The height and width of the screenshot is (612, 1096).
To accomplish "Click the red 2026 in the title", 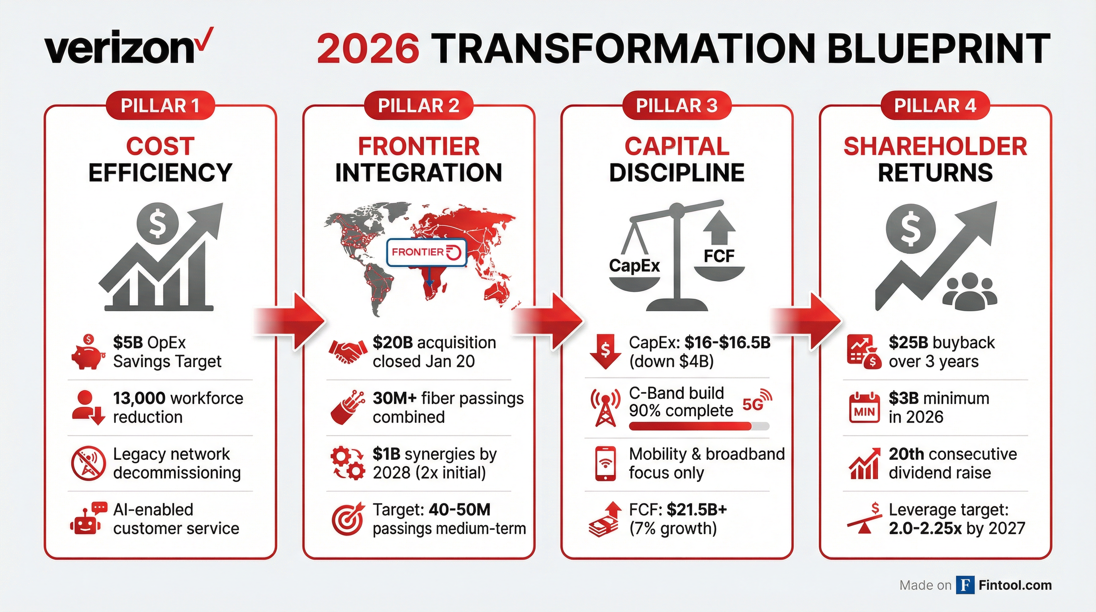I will (368, 49).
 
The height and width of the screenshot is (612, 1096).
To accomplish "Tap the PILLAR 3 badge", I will (677, 106).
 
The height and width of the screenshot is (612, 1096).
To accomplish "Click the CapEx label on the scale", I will (634, 266).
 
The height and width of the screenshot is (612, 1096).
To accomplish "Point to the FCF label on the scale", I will (719, 256).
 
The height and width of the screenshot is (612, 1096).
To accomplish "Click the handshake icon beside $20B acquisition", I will (348, 351).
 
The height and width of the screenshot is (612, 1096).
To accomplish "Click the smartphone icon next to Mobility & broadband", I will (605, 463).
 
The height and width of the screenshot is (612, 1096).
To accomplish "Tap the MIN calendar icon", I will (864, 407).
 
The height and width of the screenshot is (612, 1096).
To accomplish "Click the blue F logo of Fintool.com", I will (965, 585).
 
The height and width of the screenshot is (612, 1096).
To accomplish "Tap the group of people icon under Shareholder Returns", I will (970, 292).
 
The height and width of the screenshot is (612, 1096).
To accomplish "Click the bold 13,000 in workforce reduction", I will (139, 398).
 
